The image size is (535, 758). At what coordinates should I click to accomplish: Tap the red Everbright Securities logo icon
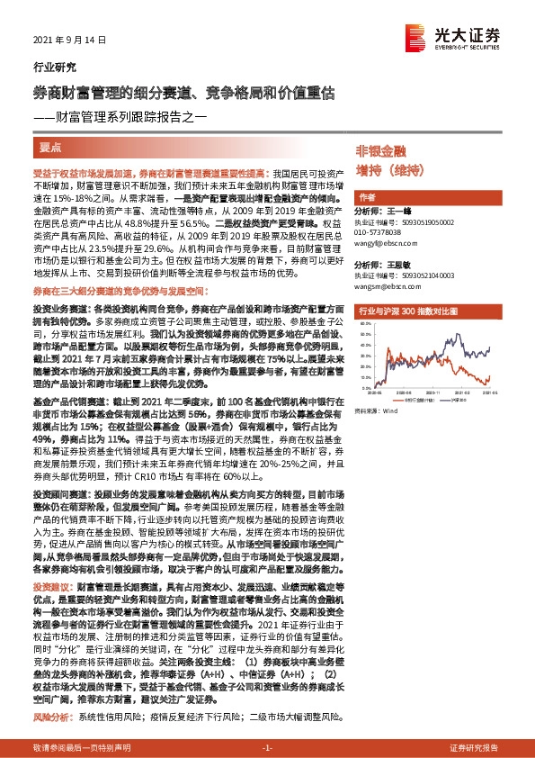point(416,37)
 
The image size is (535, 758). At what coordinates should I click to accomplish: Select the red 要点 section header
point(52,145)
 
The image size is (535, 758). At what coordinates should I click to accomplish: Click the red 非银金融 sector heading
point(380,151)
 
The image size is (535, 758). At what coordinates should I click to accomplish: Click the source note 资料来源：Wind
point(377,411)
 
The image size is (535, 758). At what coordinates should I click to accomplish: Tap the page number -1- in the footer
point(267,748)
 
